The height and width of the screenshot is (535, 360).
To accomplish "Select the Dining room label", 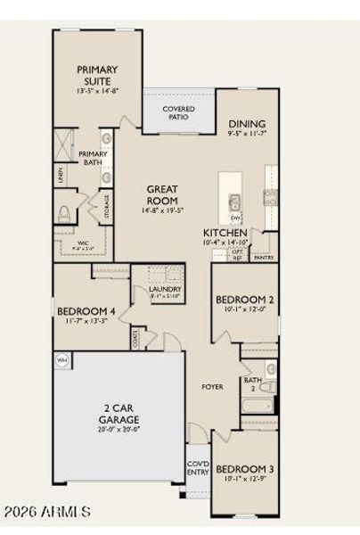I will click(x=247, y=125).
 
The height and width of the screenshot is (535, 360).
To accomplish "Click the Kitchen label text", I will click(x=225, y=232).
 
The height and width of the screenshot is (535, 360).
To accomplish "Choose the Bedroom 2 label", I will click(x=244, y=300).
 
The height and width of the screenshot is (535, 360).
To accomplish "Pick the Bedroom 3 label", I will click(x=244, y=469).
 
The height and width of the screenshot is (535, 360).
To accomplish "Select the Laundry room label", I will click(x=166, y=289).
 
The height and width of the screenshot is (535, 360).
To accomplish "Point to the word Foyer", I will click(x=212, y=387).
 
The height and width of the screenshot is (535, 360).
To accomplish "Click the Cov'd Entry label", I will click(x=198, y=469).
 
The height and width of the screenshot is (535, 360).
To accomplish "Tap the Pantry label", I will click(x=263, y=258).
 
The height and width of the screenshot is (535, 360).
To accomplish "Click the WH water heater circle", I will click(x=62, y=359).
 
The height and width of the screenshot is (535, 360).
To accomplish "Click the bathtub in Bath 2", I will click(x=259, y=408).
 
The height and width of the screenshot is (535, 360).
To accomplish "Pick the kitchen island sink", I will click(x=235, y=202).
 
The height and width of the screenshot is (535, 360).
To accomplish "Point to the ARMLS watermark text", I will click(x=46, y=512).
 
